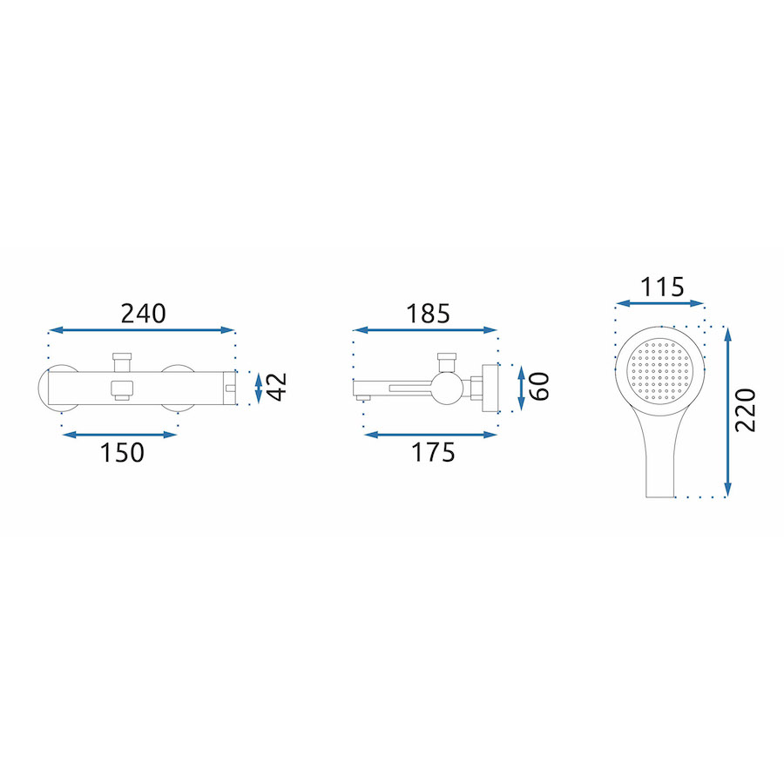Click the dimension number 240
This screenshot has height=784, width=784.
[x=143, y=314]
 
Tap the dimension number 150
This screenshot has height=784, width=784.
[x=122, y=452]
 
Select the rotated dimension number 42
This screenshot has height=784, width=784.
[x=276, y=387]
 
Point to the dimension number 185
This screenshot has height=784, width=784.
[x=428, y=314]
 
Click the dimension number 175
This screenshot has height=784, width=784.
[x=433, y=452]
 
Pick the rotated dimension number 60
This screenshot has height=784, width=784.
[x=539, y=387]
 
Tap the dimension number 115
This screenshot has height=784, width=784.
[x=662, y=287]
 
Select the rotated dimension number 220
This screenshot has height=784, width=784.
[x=745, y=410]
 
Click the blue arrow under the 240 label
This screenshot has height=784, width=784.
[x=141, y=330]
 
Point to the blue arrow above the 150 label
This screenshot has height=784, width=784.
[x=119, y=435]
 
